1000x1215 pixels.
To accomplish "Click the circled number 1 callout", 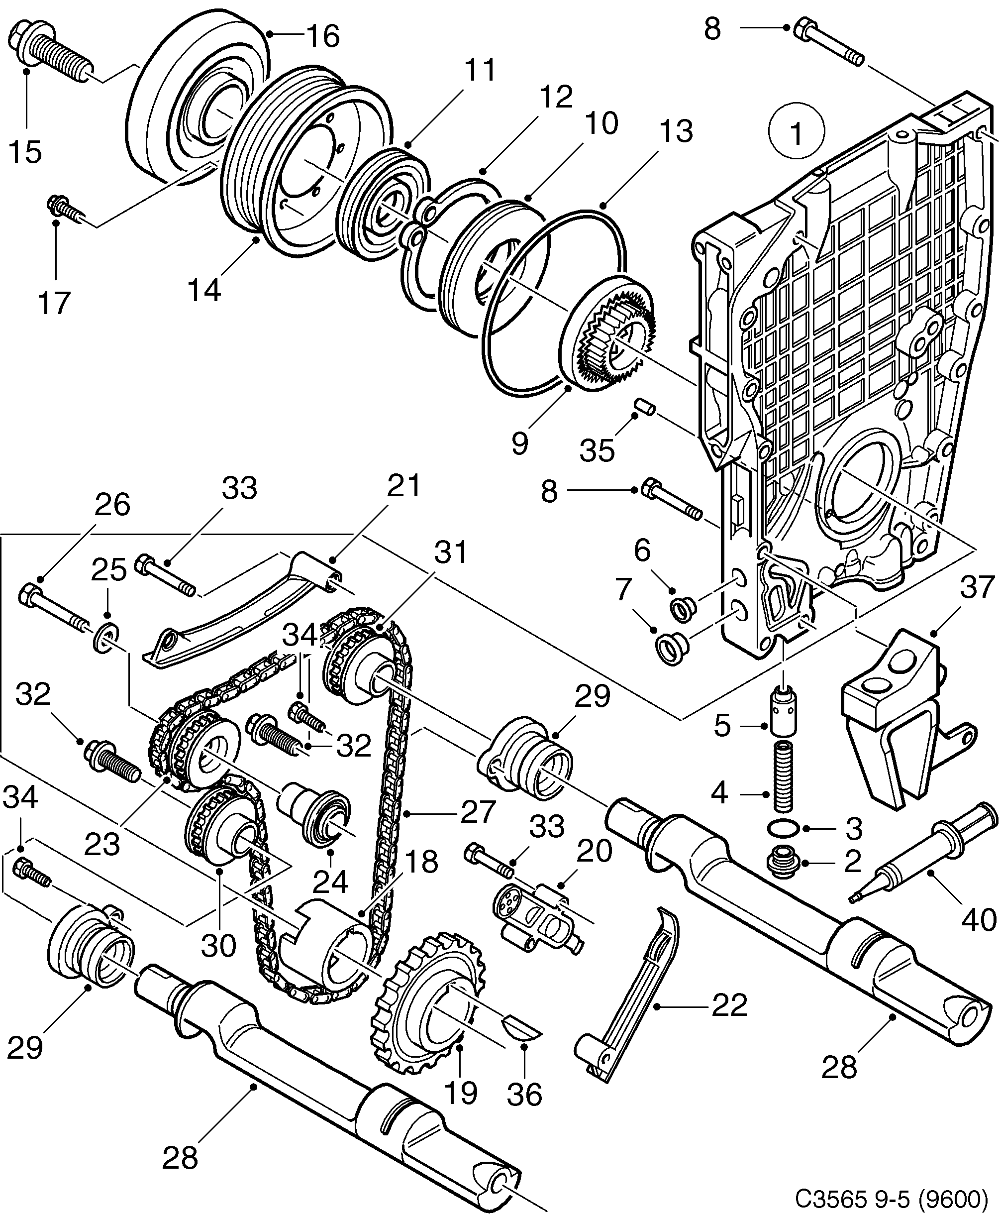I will click(797, 132).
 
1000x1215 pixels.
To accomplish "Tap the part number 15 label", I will click(25, 152).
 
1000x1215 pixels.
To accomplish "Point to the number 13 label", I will click(676, 131).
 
